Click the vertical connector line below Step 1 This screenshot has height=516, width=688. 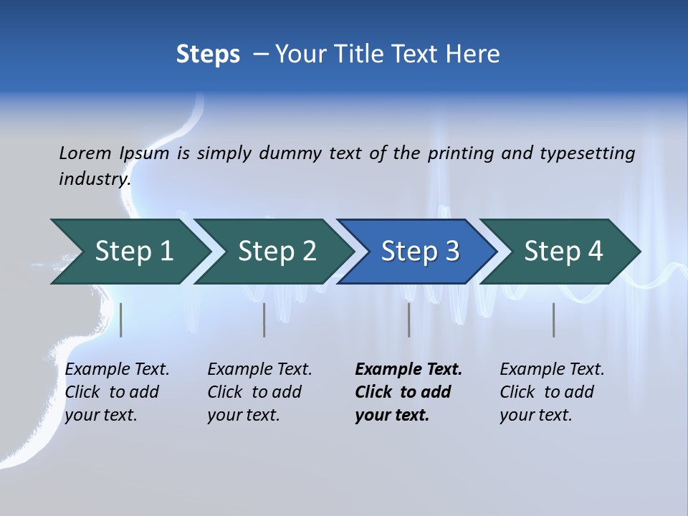[x=121, y=320]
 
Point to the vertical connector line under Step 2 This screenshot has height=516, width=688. [x=264, y=320]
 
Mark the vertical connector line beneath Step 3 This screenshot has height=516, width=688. [x=409, y=320]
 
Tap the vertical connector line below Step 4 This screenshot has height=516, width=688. [x=554, y=320]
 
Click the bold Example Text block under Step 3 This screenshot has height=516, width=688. [x=408, y=392]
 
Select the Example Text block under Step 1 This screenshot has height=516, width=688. [x=117, y=392]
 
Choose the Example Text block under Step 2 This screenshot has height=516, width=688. [x=259, y=392]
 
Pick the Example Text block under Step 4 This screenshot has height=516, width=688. [x=552, y=392]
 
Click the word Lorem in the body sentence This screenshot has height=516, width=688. [x=85, y=153]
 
